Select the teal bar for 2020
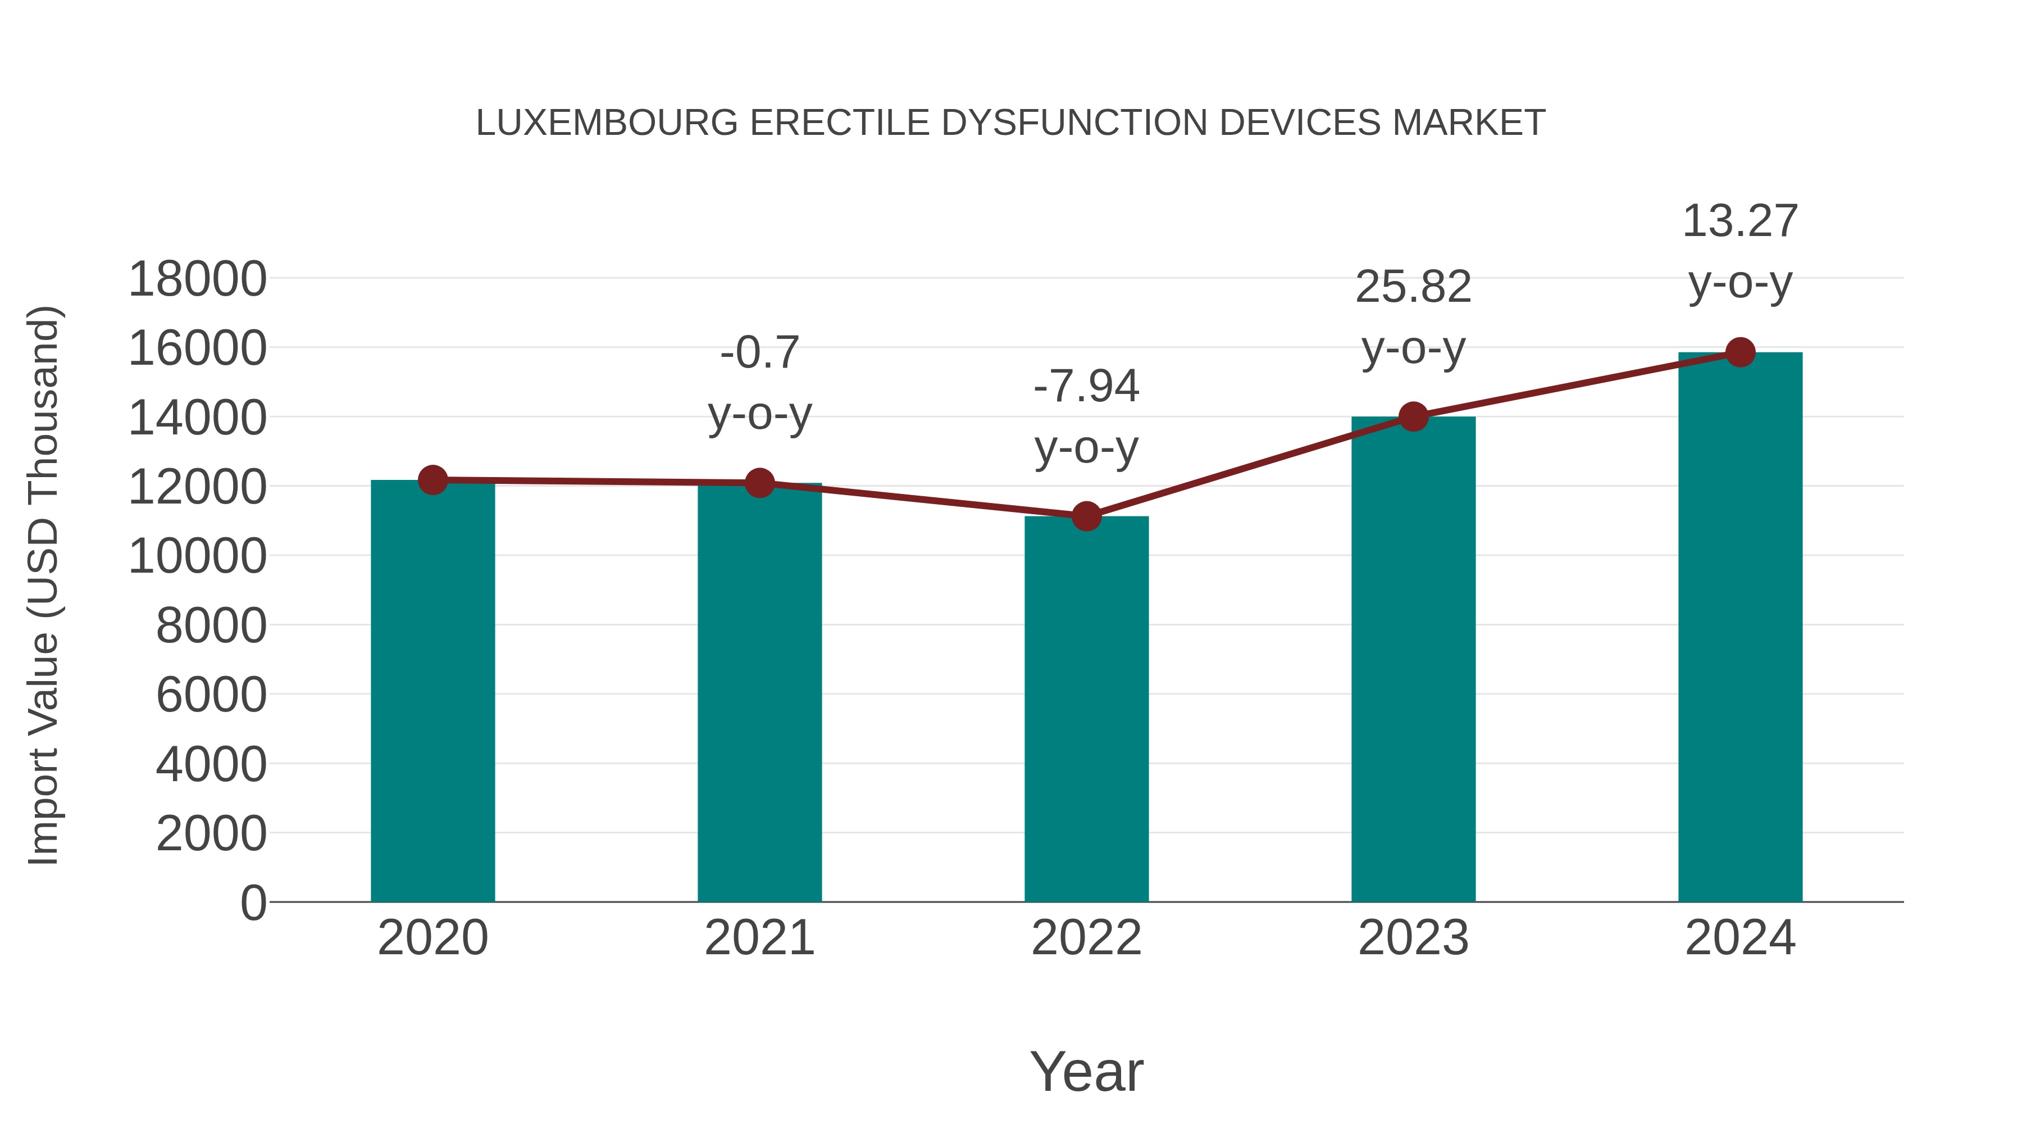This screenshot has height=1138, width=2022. pyautogui.click(x=432, y=691)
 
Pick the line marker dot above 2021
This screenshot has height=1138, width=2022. pyautogui.click(x=759, y=483)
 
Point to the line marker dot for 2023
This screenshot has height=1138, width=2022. pyautogui.click(x=1413, y=416)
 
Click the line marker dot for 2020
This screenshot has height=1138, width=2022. pyautogui.click(x=432, y=480)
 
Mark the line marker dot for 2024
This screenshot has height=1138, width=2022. pyautogui.click(x=1740, y=352)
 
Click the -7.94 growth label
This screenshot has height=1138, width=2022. pyautogui.click(x=1086, y=387)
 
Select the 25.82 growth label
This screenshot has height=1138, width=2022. pyautogui.click(x=1413, y=287)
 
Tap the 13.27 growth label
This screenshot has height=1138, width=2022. pyautogui.click(x=1740, y=221)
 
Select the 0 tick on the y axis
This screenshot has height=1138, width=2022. pyautogui.click(x=253, y=903)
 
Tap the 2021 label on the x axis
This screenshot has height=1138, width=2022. pyautogui.click(x=759, y=938)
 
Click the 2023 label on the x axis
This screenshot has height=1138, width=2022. pyautogui.click(x=1413, y=938)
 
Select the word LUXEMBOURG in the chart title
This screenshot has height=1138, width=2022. pyautogui.click(x=607, y=123)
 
